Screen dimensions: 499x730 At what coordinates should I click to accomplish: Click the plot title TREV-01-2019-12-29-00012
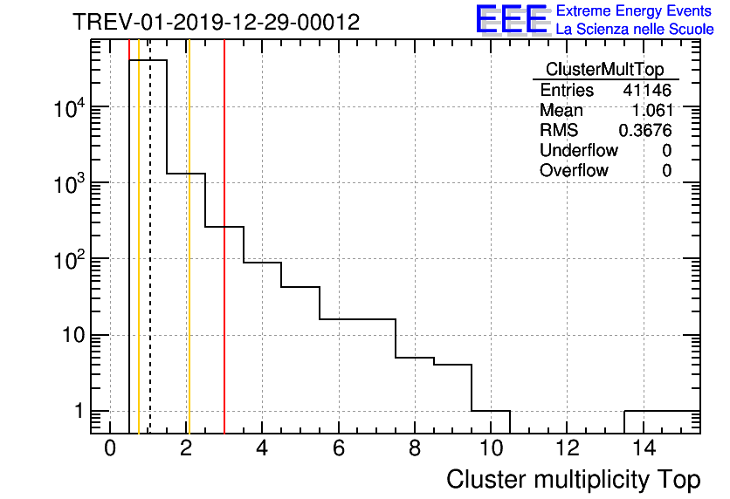(216, 23)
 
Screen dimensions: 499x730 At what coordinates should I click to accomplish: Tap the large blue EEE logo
(512, 20)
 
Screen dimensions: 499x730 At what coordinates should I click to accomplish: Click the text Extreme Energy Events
(635, 11)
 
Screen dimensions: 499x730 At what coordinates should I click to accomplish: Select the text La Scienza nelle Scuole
(635, 30)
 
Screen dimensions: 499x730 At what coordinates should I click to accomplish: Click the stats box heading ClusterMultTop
(604, 70)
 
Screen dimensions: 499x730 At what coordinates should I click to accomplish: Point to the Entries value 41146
(647, 91)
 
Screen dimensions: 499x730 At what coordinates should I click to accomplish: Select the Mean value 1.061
(651, 111)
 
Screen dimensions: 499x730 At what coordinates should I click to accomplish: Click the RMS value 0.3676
(644, 131)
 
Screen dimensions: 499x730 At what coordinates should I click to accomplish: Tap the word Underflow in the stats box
(578, 150)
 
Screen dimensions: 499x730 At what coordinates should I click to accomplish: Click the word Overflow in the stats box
(574, 170)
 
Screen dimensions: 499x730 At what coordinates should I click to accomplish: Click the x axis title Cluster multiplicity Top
(573, 479)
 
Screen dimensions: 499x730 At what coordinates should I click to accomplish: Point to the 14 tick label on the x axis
(643, 449)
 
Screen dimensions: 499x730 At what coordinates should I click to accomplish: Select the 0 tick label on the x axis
(110, 449)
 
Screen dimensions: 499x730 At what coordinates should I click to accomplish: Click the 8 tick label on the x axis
(415, 449)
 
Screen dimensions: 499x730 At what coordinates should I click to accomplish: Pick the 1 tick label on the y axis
(79, 411)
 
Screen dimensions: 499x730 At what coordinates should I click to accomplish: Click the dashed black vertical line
(150, 262)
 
